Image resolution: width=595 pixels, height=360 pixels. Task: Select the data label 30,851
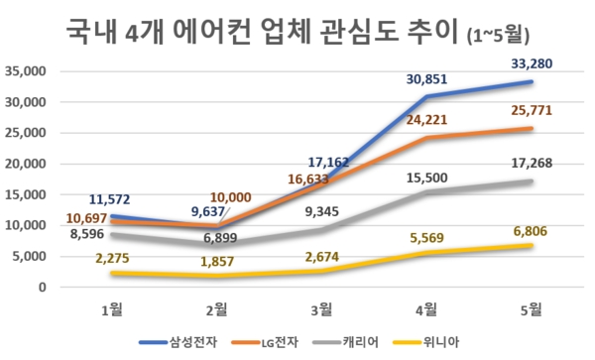(429, 79)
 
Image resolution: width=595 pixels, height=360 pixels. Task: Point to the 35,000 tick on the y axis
(25, 71)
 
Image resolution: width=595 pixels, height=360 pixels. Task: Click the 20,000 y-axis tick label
(25, 164)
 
